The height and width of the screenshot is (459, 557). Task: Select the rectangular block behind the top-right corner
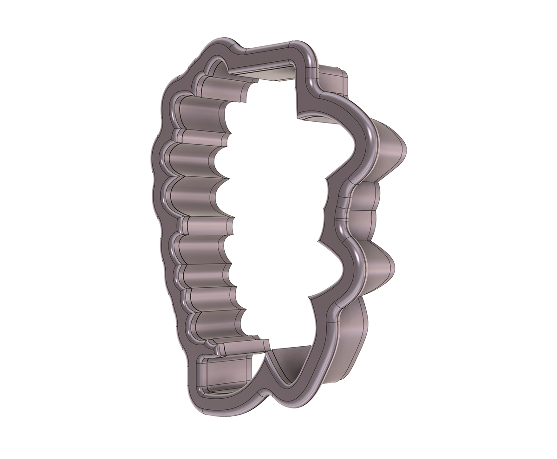point(333,79)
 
